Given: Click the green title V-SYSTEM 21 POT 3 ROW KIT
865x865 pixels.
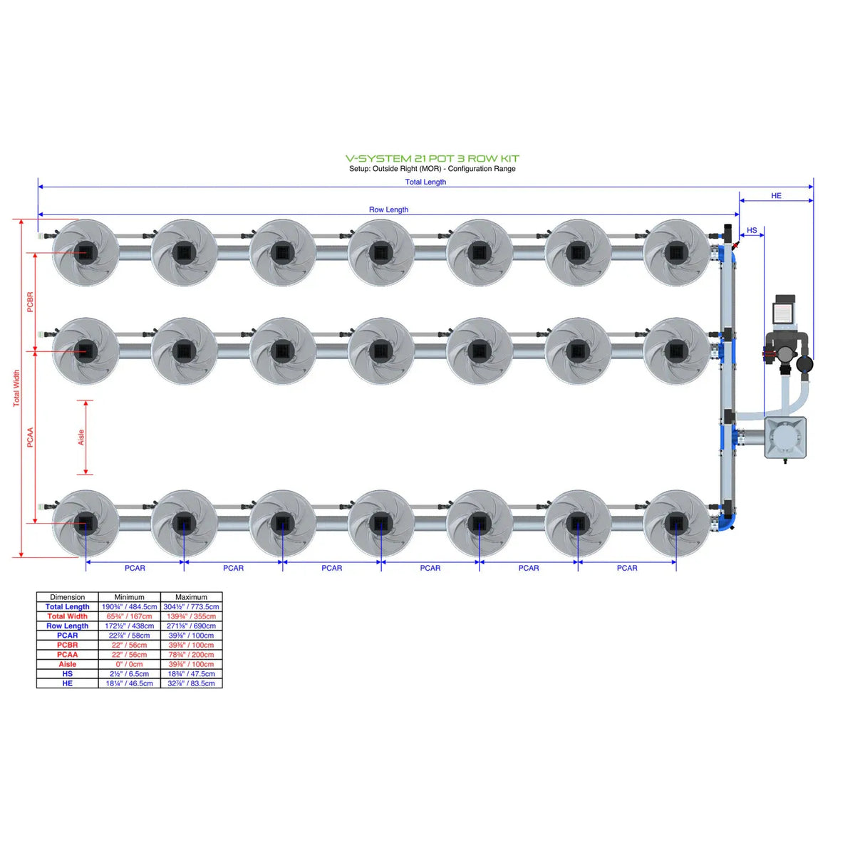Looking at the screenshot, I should (x=432, y=158).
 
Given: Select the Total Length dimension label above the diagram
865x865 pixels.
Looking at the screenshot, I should (x=425, y=182).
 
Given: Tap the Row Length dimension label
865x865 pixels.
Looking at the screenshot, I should (x=388, y=209).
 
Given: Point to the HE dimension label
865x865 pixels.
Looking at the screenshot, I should (x=776, y=195).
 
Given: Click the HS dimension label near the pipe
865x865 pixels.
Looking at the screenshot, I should (x=752, y=230).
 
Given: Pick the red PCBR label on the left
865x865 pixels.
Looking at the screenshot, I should (x=30, y=301).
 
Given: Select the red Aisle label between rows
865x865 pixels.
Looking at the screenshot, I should (x=81, y=437).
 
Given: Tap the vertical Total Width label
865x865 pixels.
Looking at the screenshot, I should (x=16, y=388).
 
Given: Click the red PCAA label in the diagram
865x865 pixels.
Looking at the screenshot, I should (x=30, y=437).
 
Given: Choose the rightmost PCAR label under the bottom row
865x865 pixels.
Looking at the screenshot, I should (x=627, y=568).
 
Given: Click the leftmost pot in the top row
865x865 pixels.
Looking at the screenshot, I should (x=86, y=252).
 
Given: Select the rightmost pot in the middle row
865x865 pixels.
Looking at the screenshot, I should (x=675, y=351).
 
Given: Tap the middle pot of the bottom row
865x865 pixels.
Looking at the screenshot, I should (x=380, y=524).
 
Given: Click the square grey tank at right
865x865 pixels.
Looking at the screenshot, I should (x=785, y=437).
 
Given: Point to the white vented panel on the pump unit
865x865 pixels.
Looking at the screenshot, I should (x=784, y=313).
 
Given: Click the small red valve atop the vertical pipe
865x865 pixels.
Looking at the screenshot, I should (x=735, y=245).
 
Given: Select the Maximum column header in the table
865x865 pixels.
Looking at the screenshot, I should (x=191, y=597).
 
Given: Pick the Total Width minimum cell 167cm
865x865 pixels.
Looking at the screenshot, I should (x=129, y=616).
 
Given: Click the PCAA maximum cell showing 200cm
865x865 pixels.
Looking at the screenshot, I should (x=191, y=654).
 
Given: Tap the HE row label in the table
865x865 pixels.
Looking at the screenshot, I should (x=67, y=683).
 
